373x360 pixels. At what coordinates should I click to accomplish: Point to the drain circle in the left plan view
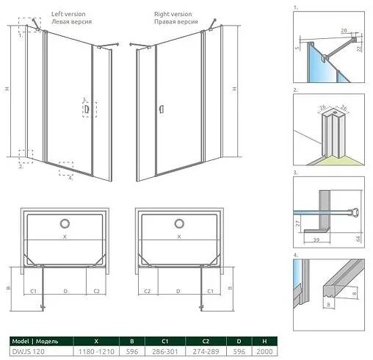[65, 223]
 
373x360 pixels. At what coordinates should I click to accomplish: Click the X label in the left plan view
[65, 237]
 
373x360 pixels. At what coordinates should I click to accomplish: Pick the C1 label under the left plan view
[34, 291]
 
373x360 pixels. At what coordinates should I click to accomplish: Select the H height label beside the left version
[7, 89]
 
